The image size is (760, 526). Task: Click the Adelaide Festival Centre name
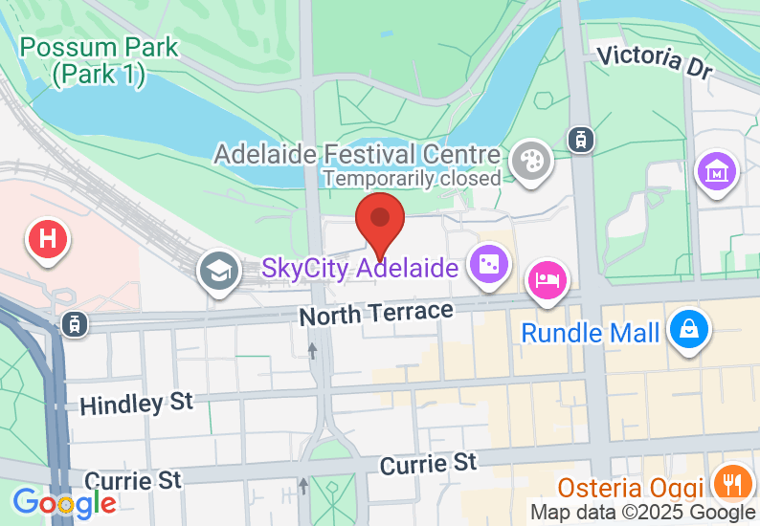tap(357, 154)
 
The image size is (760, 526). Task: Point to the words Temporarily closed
tap(412, 178)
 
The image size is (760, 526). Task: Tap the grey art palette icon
tap(527, 159)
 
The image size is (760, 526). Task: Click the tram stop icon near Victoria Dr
tap(578, 139)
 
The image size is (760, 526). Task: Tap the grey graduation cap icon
tap(219, 271)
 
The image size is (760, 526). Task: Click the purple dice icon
tap(487, 263)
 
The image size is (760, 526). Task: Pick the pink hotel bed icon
tap(548, 281)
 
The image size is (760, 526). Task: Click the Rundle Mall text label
tap(591, 334)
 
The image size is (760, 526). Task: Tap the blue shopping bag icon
tap(687, 327)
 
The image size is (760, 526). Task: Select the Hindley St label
tap(136, 404)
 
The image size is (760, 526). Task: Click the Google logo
tap(63, 503)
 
